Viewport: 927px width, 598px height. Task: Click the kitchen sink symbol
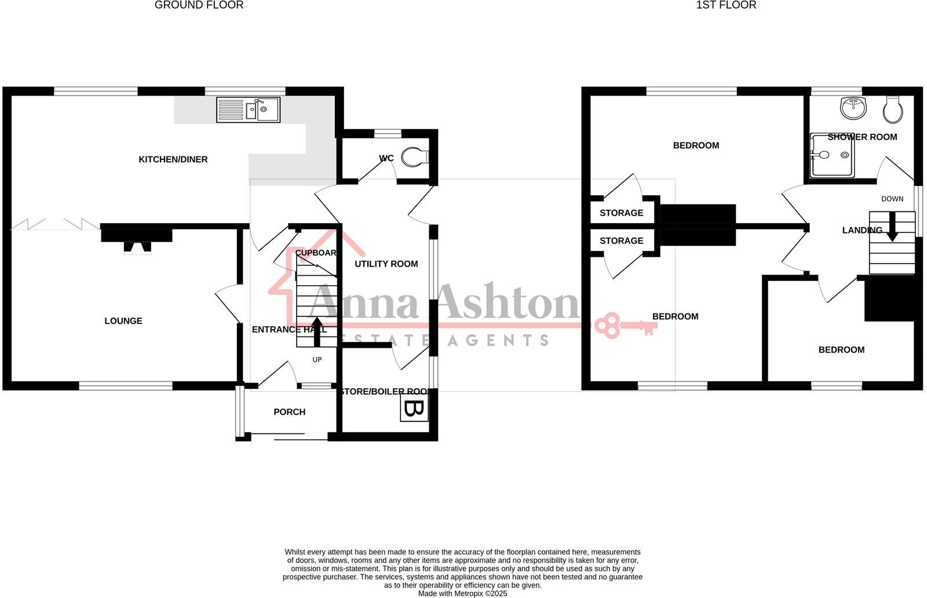[249, 110]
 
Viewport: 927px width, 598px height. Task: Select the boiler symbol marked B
[414, 409]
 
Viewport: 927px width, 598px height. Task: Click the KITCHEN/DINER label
[173, 159]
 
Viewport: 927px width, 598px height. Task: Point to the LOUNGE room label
[123, 321]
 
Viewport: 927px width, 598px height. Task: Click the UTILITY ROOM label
[386, 264]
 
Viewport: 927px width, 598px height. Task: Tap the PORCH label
[289, 412]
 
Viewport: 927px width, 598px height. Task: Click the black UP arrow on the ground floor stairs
[316, 331]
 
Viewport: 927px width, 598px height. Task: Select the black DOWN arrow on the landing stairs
[892, 227]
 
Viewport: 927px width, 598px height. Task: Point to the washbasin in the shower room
[852, 107]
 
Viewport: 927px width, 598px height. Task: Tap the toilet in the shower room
[892, 110]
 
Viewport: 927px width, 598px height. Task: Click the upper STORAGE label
[621, 213]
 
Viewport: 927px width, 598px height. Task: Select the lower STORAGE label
[621, 240]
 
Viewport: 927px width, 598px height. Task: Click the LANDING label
[862, 231]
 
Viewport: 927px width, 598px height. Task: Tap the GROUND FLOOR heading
[199, 5]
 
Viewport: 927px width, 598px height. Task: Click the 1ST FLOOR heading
[726, 5]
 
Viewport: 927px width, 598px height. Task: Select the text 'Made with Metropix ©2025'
[462, 593]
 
